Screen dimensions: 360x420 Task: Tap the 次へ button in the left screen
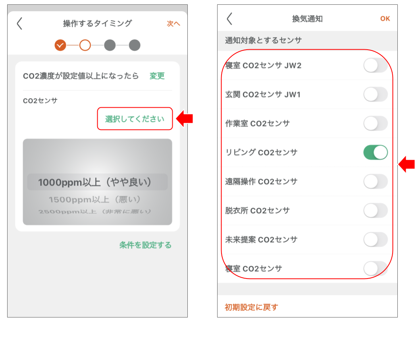click(173, 24)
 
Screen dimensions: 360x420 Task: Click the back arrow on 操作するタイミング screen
click(19, 24)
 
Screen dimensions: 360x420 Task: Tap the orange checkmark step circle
click(60, 45)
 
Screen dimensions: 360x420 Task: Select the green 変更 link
click(157, 76)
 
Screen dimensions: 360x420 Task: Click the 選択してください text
click(135, 119)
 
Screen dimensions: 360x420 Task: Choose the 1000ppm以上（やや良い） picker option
click(95, 182)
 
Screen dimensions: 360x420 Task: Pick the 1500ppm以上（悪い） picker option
click(95, 199)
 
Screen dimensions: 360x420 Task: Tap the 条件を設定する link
click(145, 245)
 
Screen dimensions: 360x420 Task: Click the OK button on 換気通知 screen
click(385, 19)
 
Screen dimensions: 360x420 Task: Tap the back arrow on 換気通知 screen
click(229, 19)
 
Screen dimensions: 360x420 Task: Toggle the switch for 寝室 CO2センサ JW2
click(375, 65)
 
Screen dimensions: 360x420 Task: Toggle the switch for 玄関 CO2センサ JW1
click(375, 95)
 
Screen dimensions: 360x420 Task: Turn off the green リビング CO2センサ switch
click(375, 153)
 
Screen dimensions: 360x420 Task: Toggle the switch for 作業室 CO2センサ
click(375, 124)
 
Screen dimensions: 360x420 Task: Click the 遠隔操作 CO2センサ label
click(261, 182)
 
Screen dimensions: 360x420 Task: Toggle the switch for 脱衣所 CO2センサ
click(375, 211)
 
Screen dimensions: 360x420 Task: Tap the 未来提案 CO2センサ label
click(261, 240)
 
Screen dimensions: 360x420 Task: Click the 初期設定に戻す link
click(251, 307)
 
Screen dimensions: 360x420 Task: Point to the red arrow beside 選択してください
click(185, 118)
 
